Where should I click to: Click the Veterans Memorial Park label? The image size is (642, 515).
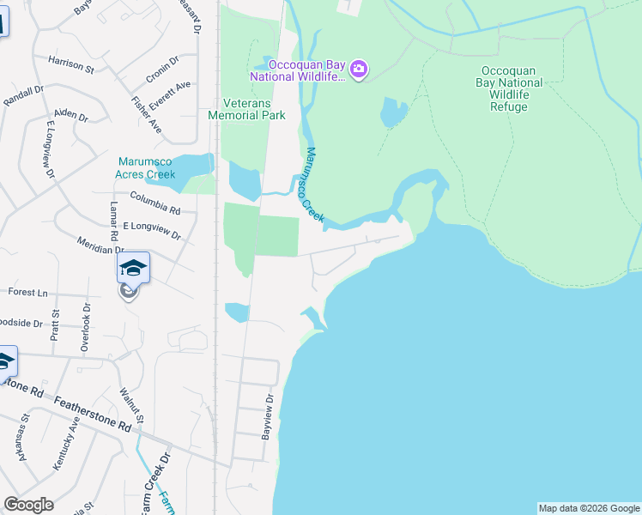[x=248, y=108]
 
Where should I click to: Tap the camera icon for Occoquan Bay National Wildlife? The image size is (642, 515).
[x=359, y=70]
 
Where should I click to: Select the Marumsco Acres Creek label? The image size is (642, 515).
[x=146, y=167]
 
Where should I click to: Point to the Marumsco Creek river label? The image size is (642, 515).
[x=314, y=185]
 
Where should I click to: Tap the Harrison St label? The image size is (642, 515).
[x=71, y=64]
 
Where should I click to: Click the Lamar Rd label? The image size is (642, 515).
[x=112, y=222]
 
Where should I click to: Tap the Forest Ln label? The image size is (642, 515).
[x=27, y=292]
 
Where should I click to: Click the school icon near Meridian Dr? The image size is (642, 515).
[x=133, y=268]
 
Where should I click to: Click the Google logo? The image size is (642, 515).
[x=28, y=505]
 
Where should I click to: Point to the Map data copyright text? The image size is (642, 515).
[x=588, y=508]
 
